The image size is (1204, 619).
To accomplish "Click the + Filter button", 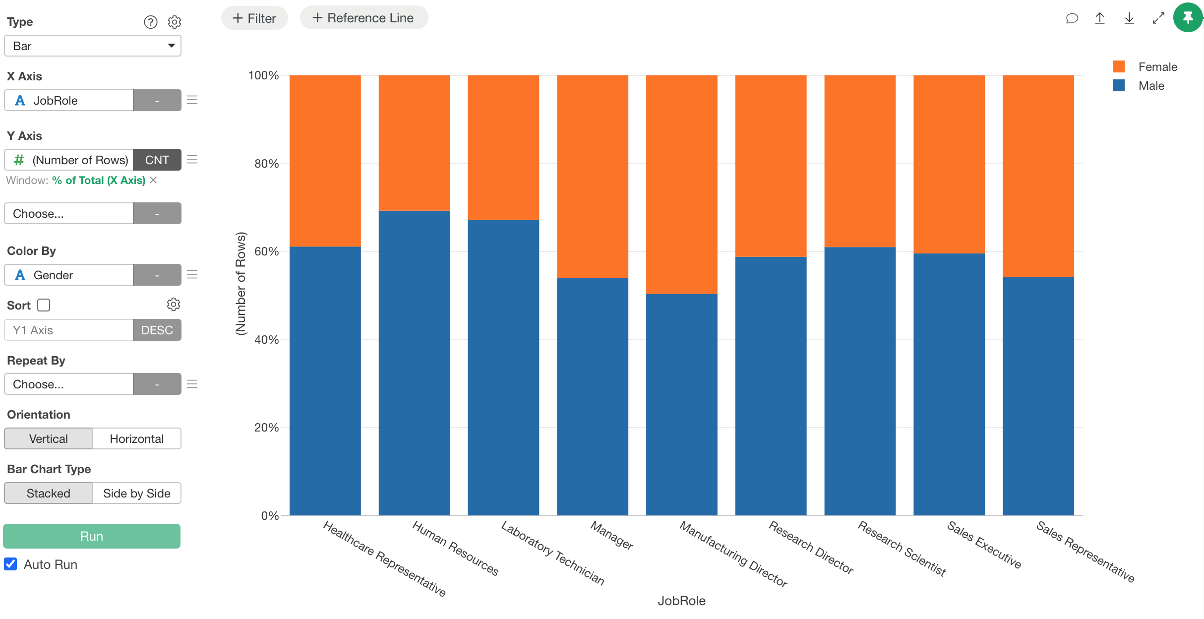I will (x=254, y=18).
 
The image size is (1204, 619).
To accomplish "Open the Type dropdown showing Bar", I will (x=93, y=46).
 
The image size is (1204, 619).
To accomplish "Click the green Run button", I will (x=92, y=536).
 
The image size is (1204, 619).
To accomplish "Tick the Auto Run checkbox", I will (x=11, y=564).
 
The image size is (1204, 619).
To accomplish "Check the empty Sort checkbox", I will (x=44, y=305).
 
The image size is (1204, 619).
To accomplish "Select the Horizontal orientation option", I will (x=136, y=439).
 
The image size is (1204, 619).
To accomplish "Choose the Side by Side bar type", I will (x=136, y=494).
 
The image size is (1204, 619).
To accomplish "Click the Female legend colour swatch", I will (x=1119, y=67).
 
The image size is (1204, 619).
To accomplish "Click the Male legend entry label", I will (x=1151, y=86).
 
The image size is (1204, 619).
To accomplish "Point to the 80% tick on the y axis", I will (x=267, y=164).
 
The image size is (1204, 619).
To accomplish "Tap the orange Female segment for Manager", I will (x=592, y=176).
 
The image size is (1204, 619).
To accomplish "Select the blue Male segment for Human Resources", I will (x=414, y=362).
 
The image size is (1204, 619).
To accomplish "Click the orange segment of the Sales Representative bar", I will (x=1038, y=176).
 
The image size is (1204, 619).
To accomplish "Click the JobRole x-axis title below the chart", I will (x=681, y=601).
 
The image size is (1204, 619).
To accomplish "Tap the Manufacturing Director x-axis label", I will (x=733, y=554).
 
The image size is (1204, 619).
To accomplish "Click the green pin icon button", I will (x=1188, y=18).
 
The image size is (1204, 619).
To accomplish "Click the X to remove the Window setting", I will (x=153, y=180).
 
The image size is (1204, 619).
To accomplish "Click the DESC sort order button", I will (x=157, y=330).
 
